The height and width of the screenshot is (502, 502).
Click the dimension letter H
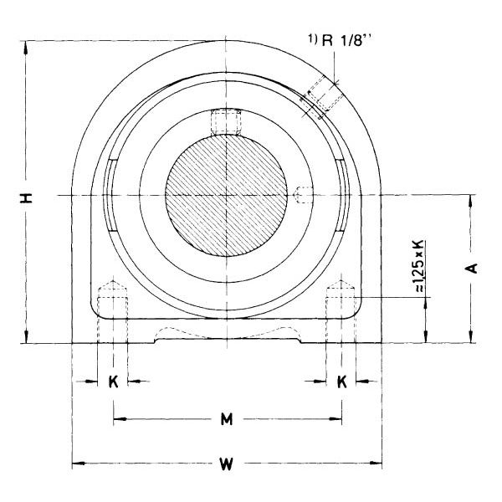click(x=27, y=198)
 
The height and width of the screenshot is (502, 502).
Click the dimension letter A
click(x=472, y=269)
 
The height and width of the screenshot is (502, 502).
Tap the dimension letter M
click(x=227, y=419)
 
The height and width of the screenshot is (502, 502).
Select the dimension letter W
click(x=227, y=464)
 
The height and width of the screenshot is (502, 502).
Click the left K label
click(x=113, y=382)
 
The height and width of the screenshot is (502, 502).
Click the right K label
click(x=342, y=382)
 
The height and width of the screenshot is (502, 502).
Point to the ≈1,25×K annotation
click(x=419, y=266)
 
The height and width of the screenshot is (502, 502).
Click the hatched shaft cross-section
click(x=227, y=195)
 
